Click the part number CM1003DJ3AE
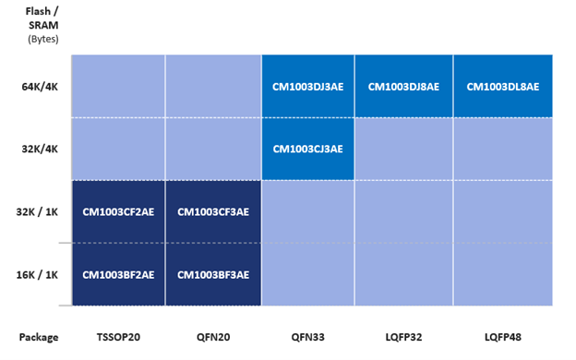pyautogui.click(x=307, y=87)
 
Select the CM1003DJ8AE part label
pyautogui.click(x=403, y=87)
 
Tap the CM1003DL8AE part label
pyautogui.click(x=503, y=87)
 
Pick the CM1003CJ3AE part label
pyautogui.click(x=307, y=149)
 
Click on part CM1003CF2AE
pyautogui.click(x=118, y=212)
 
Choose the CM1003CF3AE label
pyautogui.click(x=213, y=212)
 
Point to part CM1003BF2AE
pyautogui.click(x=118, y=275)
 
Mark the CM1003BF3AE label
pyautogui.click(x=213, y=275)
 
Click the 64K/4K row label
pyautogui.click(x=40, y=87)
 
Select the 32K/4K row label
pyautogui.click(x=40, y=149)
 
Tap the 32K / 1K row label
pyautogui.click(x=37, y=212)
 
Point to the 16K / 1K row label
pyautogui.click(x=37, y=275)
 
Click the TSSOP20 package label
pyautogui.click(x=118, y=337)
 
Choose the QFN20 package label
pyautogui.click(x=213, y=337)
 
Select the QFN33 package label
pyautogui.click(x=307, y=337)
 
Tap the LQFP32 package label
pyautogui.click(x=403, y=337)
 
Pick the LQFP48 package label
pyautogui.click(x=503, y=337)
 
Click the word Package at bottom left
pyautogui.click(x=39, y=337)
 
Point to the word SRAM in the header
pyautogui.click(x=43, y=25)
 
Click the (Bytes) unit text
pyautogui.click(x=43, y=39)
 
